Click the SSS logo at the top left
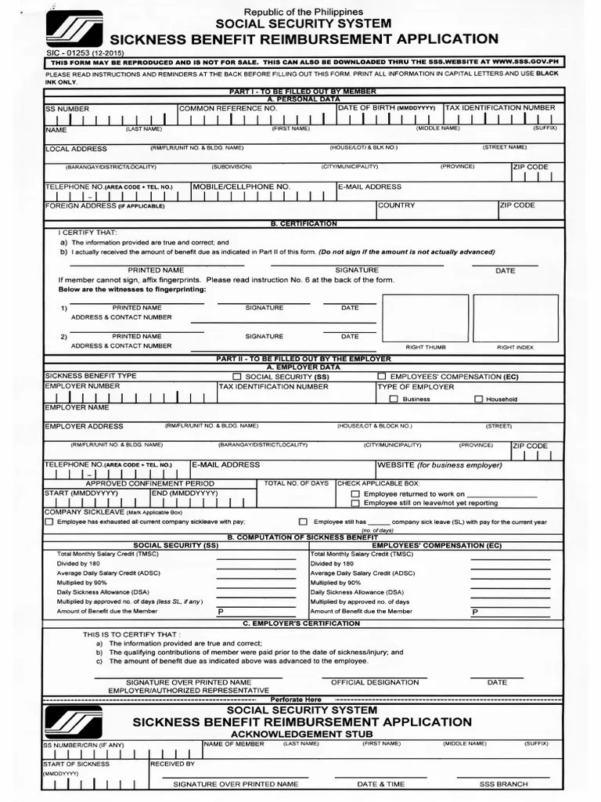point(74,29)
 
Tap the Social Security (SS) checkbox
point(226,377)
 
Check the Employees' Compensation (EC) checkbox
point(381,377)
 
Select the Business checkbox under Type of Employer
point(394,399)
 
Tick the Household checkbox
point(478,399)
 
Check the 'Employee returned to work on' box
point(356,494)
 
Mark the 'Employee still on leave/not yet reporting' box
point(356,504)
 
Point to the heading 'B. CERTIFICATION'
point(304,224)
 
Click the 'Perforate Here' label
point(296,699)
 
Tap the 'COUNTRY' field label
point(397,205)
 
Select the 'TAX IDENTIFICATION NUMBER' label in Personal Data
point(501,108)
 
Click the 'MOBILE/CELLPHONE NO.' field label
point(242,187)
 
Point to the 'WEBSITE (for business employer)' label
point(440,465)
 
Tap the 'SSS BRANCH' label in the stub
point(504,784)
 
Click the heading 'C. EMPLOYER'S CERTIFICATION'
point(301,623)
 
